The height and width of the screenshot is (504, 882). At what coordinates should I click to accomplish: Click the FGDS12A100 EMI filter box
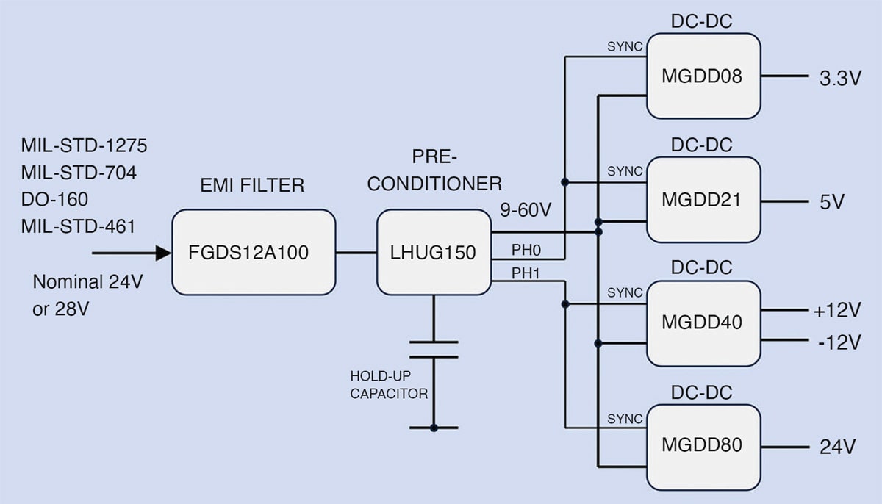[x=254, y=252]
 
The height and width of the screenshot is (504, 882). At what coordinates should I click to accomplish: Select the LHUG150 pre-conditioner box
[x=434, y=252]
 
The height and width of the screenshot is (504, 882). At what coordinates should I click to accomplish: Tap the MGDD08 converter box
[x=703, y=76]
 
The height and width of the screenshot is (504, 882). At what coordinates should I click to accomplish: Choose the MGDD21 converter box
[x=703, y=199]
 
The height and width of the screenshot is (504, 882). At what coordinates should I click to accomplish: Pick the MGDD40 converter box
[x=703, y=323]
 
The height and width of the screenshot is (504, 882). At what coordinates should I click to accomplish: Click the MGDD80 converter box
[x=703, y=446]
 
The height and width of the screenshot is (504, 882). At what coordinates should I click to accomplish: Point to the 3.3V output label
[x=839, y=79]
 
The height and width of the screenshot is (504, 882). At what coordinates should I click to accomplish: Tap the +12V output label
[x=836, y=312]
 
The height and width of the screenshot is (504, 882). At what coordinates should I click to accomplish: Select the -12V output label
[x=838, y=342]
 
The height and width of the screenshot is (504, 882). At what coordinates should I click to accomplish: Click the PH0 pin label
[x=526, y=251]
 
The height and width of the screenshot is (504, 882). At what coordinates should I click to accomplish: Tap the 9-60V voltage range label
[x=525, y=211]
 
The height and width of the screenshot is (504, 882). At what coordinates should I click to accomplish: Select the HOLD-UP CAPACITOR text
[x=389, y=385]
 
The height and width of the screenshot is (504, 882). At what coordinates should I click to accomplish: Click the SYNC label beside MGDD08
[x=625, y=47]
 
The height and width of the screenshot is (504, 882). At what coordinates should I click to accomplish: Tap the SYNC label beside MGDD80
[x=625, y=419]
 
